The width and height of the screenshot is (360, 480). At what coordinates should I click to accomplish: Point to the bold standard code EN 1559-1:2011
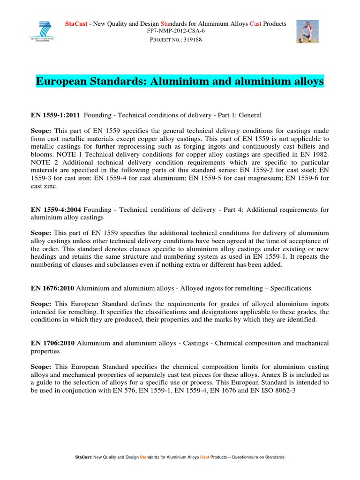point(55,114)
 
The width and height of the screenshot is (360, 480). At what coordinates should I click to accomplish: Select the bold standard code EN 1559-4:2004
point(55,210)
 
